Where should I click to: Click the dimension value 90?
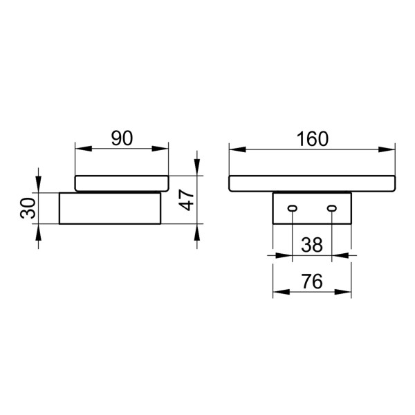point(122,138)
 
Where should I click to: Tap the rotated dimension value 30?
point(28,208)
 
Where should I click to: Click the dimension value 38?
point(312,244)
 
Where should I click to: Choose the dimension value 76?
point(312,282)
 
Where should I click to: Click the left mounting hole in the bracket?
point(293,208)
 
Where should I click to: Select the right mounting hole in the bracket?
point(332,208)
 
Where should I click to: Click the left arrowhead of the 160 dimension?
point(234,148)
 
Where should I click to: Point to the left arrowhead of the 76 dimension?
point(279,292)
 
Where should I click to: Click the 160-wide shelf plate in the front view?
point(312,184)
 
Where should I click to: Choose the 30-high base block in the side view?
point(110,209)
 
